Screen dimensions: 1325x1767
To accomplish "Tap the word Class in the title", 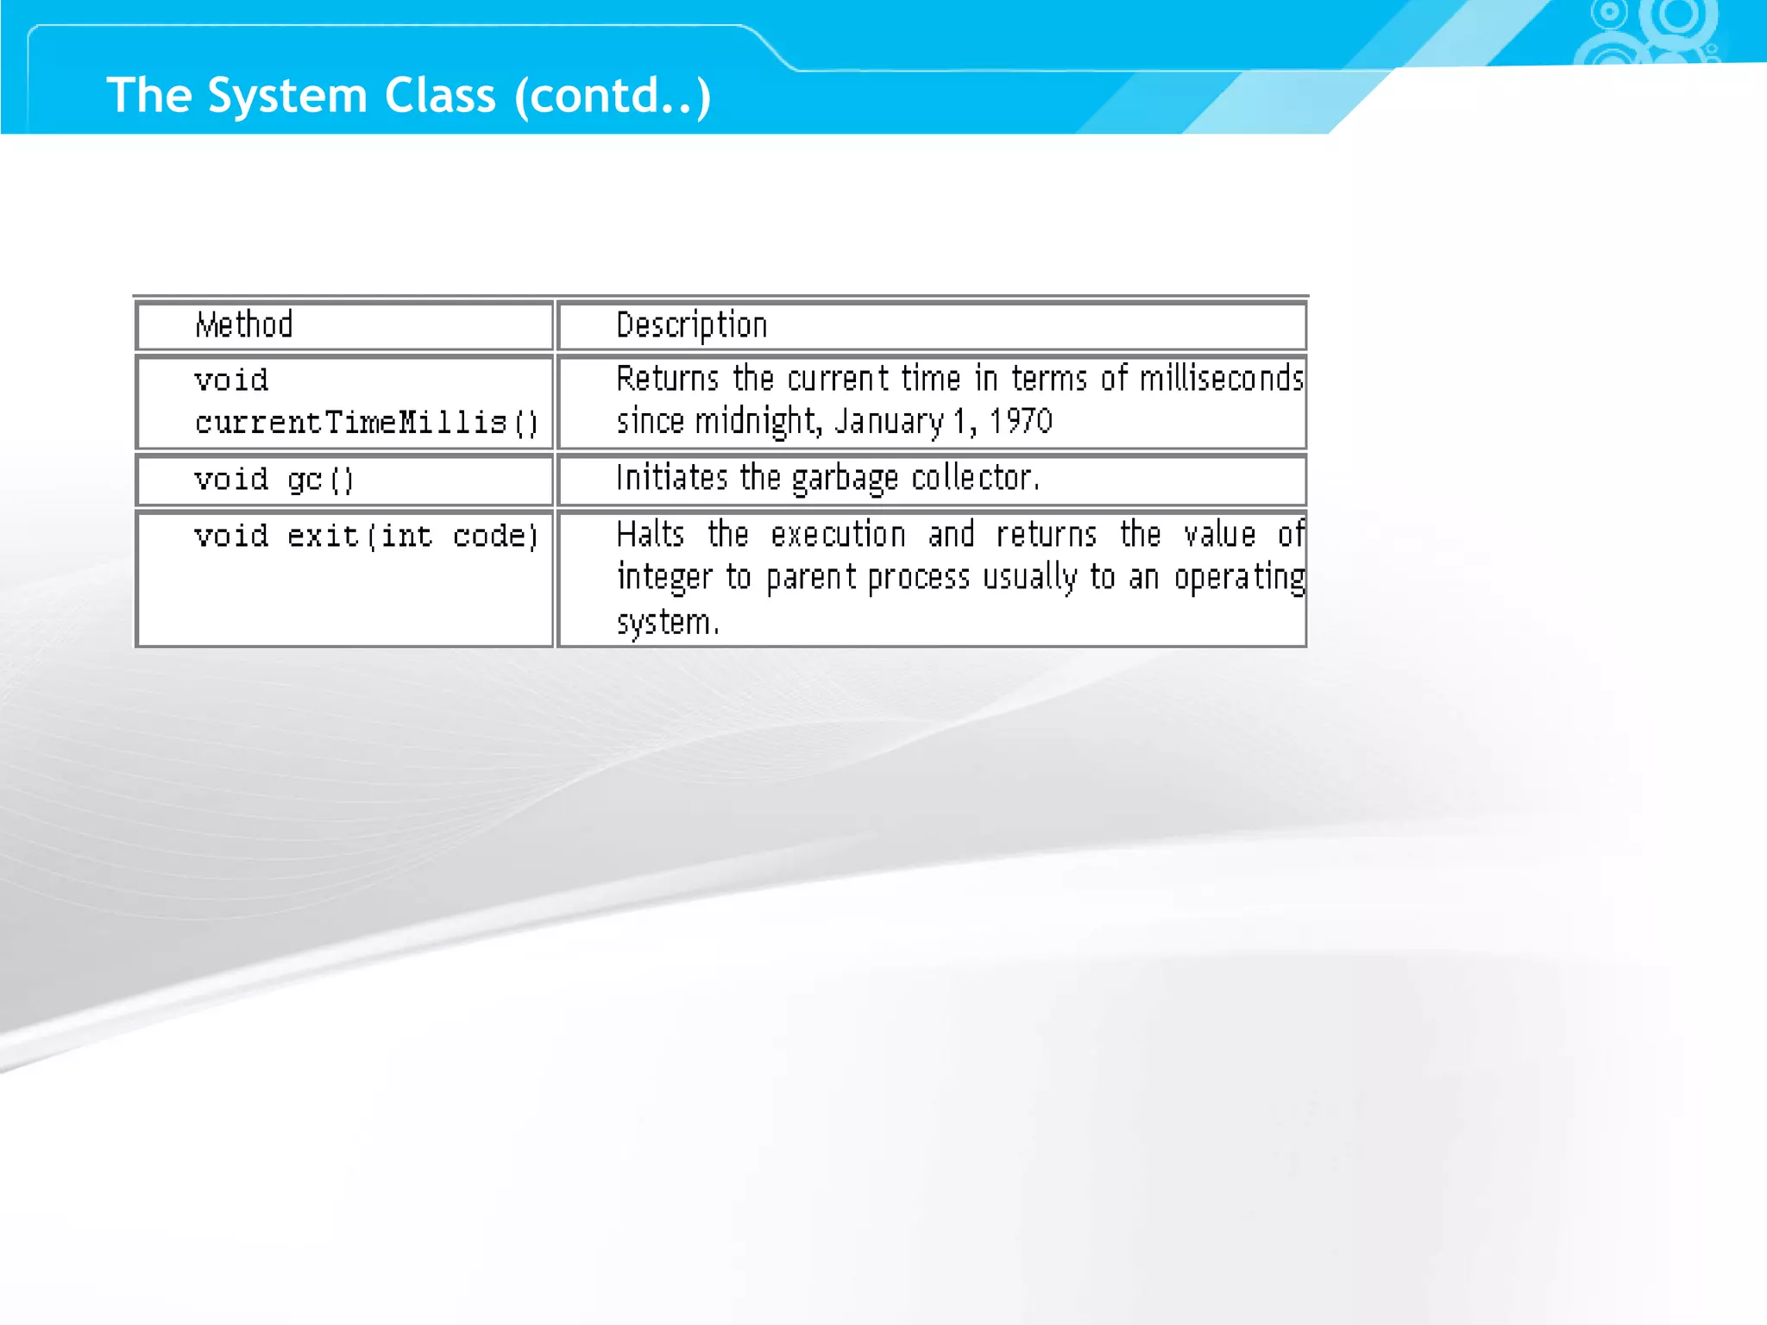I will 440,95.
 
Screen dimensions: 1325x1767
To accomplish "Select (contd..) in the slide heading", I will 613,95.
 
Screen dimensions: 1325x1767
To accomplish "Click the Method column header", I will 244,325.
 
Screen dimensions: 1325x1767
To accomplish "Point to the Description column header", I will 691,325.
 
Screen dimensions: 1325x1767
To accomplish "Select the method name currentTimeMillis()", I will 366,423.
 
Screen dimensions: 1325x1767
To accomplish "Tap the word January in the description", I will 889,422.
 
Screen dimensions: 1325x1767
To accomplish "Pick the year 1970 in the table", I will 1021,422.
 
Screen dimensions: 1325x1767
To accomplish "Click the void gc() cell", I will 274,480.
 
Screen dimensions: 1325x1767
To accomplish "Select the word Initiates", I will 671,478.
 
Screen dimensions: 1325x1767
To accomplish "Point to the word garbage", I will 845,479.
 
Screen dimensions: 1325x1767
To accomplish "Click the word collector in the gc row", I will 975,478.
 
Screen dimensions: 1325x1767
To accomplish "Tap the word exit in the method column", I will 323,537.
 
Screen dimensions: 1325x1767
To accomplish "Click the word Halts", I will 650,535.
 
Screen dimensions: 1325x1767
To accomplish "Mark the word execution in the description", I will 838,535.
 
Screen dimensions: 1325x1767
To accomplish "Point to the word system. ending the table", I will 667,622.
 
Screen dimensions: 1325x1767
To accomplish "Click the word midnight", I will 758,422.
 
